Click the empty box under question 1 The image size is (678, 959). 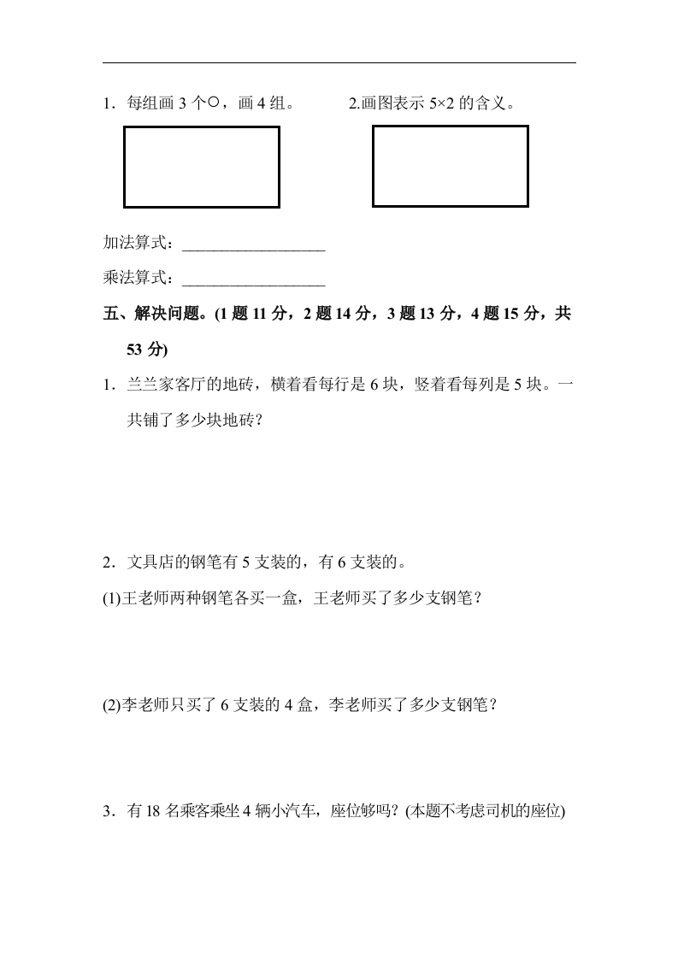[202, 167]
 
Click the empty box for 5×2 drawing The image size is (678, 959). [450, 166]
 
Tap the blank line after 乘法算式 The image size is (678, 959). [254, 279]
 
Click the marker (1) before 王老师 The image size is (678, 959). [111, 598]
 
